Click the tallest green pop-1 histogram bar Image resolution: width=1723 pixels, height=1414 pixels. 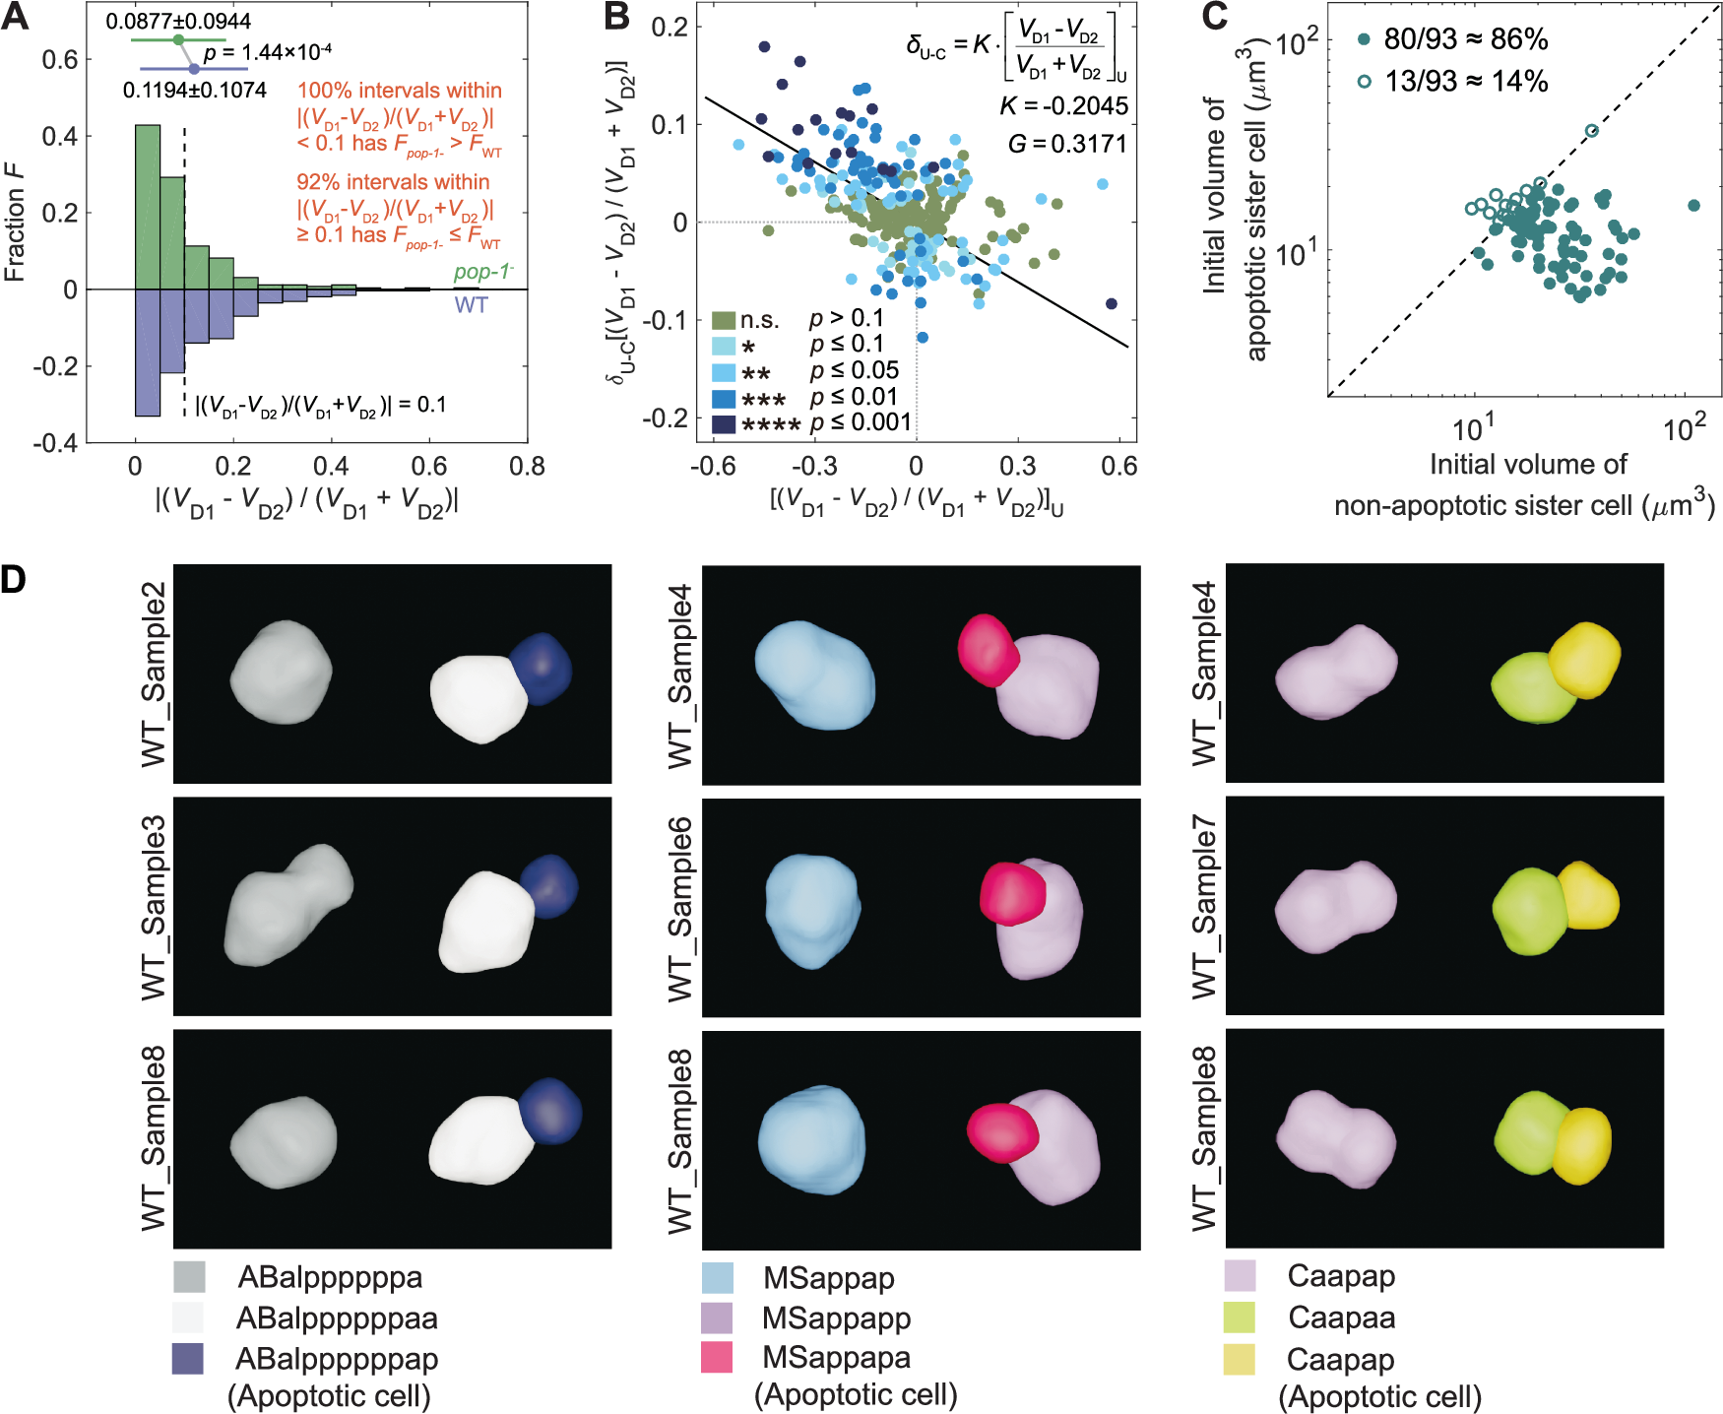(x=148, y=207)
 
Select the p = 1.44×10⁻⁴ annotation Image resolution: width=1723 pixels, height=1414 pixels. (x=267, y=52)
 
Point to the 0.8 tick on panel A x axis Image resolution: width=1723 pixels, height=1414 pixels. (x=527, y=466)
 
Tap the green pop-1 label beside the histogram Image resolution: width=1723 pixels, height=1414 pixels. (x=482, y=273)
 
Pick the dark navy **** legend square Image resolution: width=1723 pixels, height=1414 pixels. (x=724, y=424)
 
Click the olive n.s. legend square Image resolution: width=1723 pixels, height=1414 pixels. (x=724, y=320)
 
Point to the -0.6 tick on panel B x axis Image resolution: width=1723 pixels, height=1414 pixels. (x=713, y=466)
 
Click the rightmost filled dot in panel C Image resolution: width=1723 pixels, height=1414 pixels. (x=1693, y=206)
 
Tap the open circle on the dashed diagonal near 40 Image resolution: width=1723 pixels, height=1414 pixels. (x=1592, y=131)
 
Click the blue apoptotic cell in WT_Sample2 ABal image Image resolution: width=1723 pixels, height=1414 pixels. (x=541, y=668)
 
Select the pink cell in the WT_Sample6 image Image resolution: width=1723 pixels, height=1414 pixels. (x=1012, y=892)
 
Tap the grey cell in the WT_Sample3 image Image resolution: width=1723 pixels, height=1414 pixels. (x=286, y=906)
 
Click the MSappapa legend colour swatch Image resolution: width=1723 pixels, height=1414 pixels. (x=717, y=1358)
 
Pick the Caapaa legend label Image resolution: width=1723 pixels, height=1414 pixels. (x=1341, y=1318)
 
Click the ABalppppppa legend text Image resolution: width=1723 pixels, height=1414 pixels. (x=330, y=1277)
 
